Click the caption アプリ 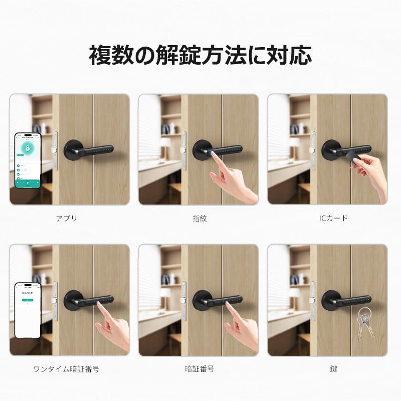click(67, 218)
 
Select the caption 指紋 click(199, 218)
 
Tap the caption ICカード click(333, 218)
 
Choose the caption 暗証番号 click(199, 369)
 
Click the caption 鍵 click(333, 369)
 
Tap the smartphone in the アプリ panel click(27, 160)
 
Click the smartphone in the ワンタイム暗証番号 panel click(27, 310)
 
